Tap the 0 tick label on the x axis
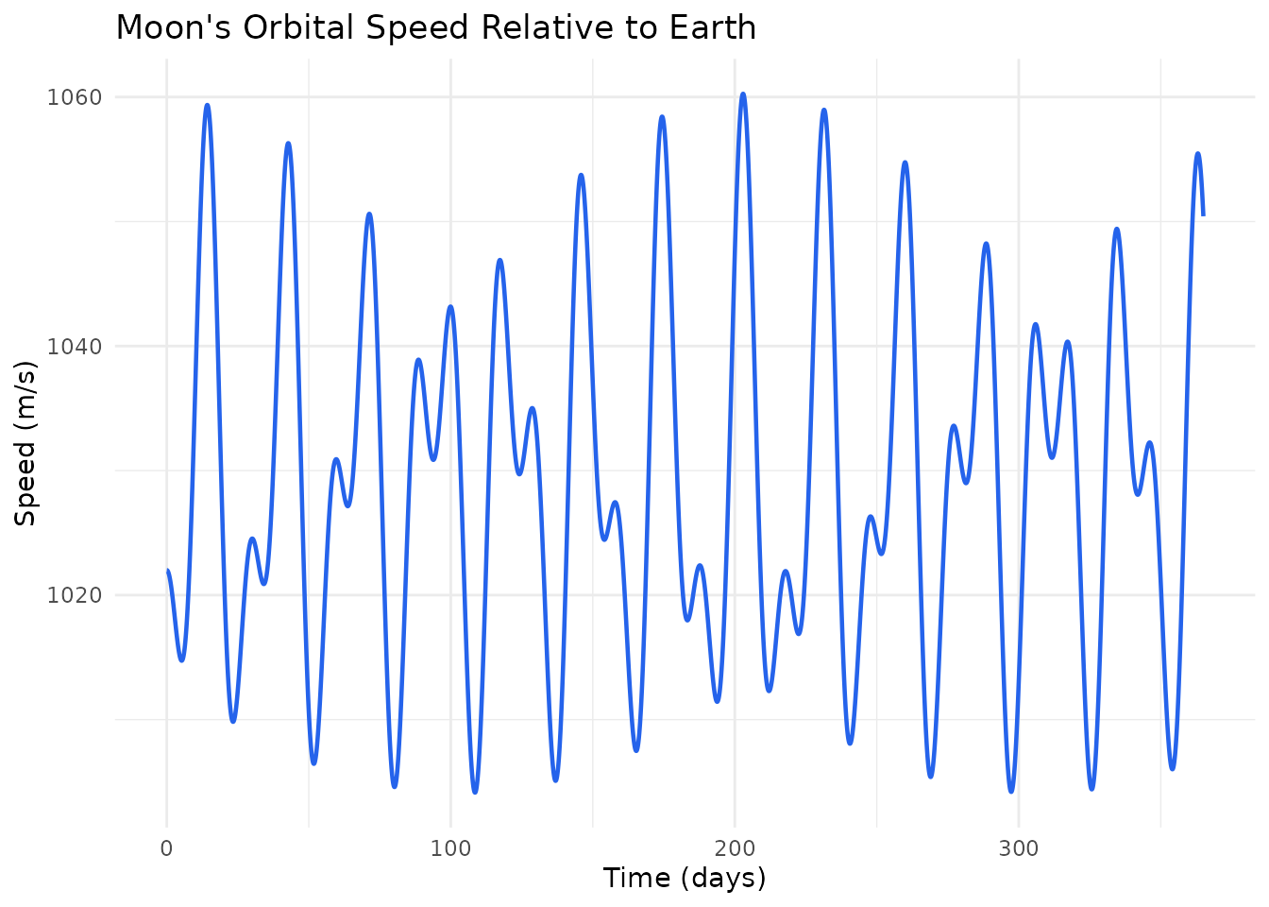click(166, 848)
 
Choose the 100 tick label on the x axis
click(450, 848)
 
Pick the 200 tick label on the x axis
click(735, 848)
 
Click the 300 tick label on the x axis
click(1019, 848)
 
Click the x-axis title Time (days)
click(685, 879)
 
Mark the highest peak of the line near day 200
click(743, 94)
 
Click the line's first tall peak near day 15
click(207, 105)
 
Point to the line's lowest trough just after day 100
click(475, 792)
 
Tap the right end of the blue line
click(1203, 215)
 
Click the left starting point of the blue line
click(168, 571)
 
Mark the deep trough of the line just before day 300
click(1011, 791)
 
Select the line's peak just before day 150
click(581, 175)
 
